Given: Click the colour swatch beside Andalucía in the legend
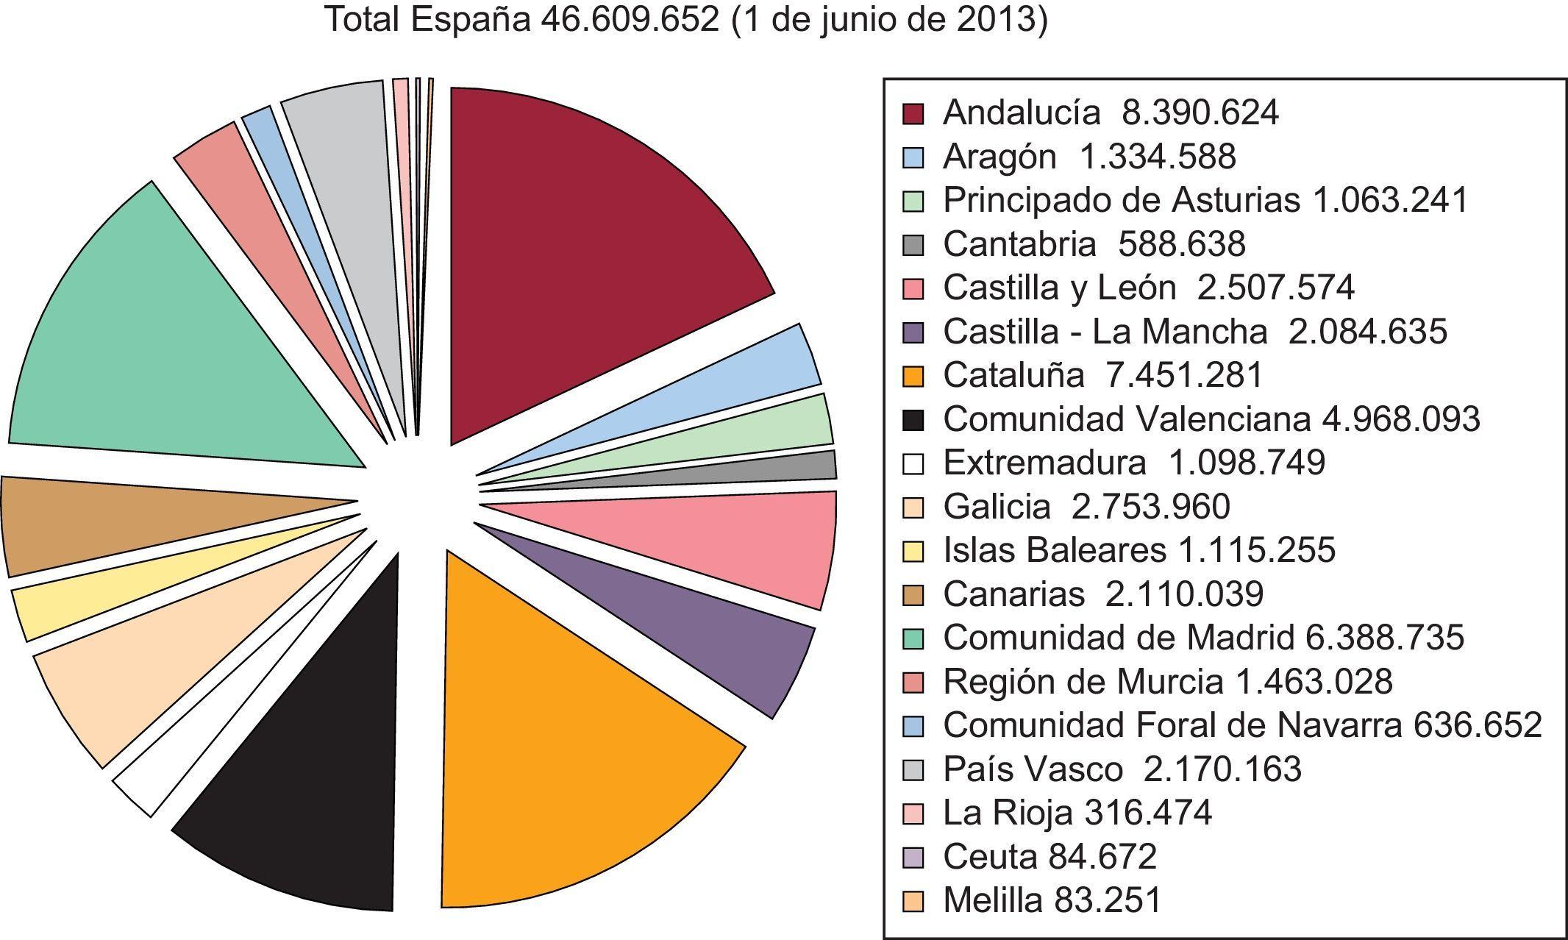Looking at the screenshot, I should pyautogui.click(x=913, y=113).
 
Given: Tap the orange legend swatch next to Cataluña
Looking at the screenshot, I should pyautogui.click(x=913, y=376).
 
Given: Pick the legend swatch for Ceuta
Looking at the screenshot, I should pyautogui.click(x=913, y=857).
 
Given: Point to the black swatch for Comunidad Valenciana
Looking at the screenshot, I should pyautogui.click(x=913, y=419).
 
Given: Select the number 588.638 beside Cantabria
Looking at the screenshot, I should pyautogui.click(x=1181, y=244).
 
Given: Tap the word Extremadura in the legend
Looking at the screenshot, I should pyautogui.click(x=1044, y=463).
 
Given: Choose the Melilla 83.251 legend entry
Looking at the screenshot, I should pyautogui.click(x=1052, y=900).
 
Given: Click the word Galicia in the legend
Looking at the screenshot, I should pyautogui.click(x=997, y=507).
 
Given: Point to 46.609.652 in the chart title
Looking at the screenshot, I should pyautogui.click(x=630, y=20).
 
